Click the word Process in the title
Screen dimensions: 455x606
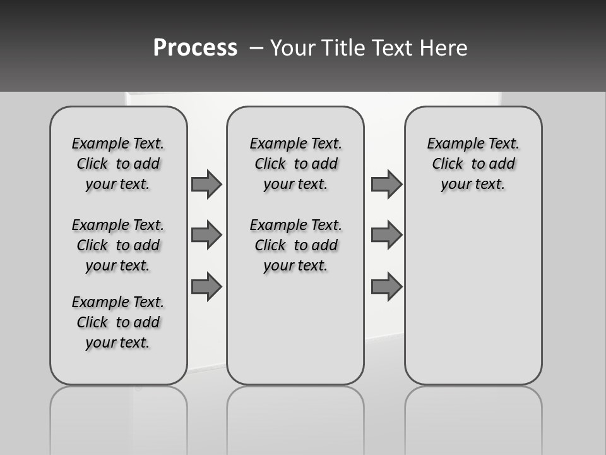195,48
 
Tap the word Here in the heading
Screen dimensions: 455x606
444,48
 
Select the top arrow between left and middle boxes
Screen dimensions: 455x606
206,184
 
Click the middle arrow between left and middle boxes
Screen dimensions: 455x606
206,235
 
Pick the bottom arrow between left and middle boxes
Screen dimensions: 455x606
206,286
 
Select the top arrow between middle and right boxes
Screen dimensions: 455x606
386,184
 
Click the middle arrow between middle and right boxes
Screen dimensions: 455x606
386,235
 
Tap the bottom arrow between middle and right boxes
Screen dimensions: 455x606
386,286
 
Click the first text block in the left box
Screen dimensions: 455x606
118,164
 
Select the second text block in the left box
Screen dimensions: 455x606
118,245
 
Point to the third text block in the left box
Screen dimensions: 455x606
118,322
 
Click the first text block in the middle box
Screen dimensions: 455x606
296,164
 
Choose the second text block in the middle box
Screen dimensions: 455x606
296,245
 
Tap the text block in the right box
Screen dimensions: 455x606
473,164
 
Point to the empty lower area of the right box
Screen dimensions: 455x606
473,297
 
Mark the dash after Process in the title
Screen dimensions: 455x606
256,48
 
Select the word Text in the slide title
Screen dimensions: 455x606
393,48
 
